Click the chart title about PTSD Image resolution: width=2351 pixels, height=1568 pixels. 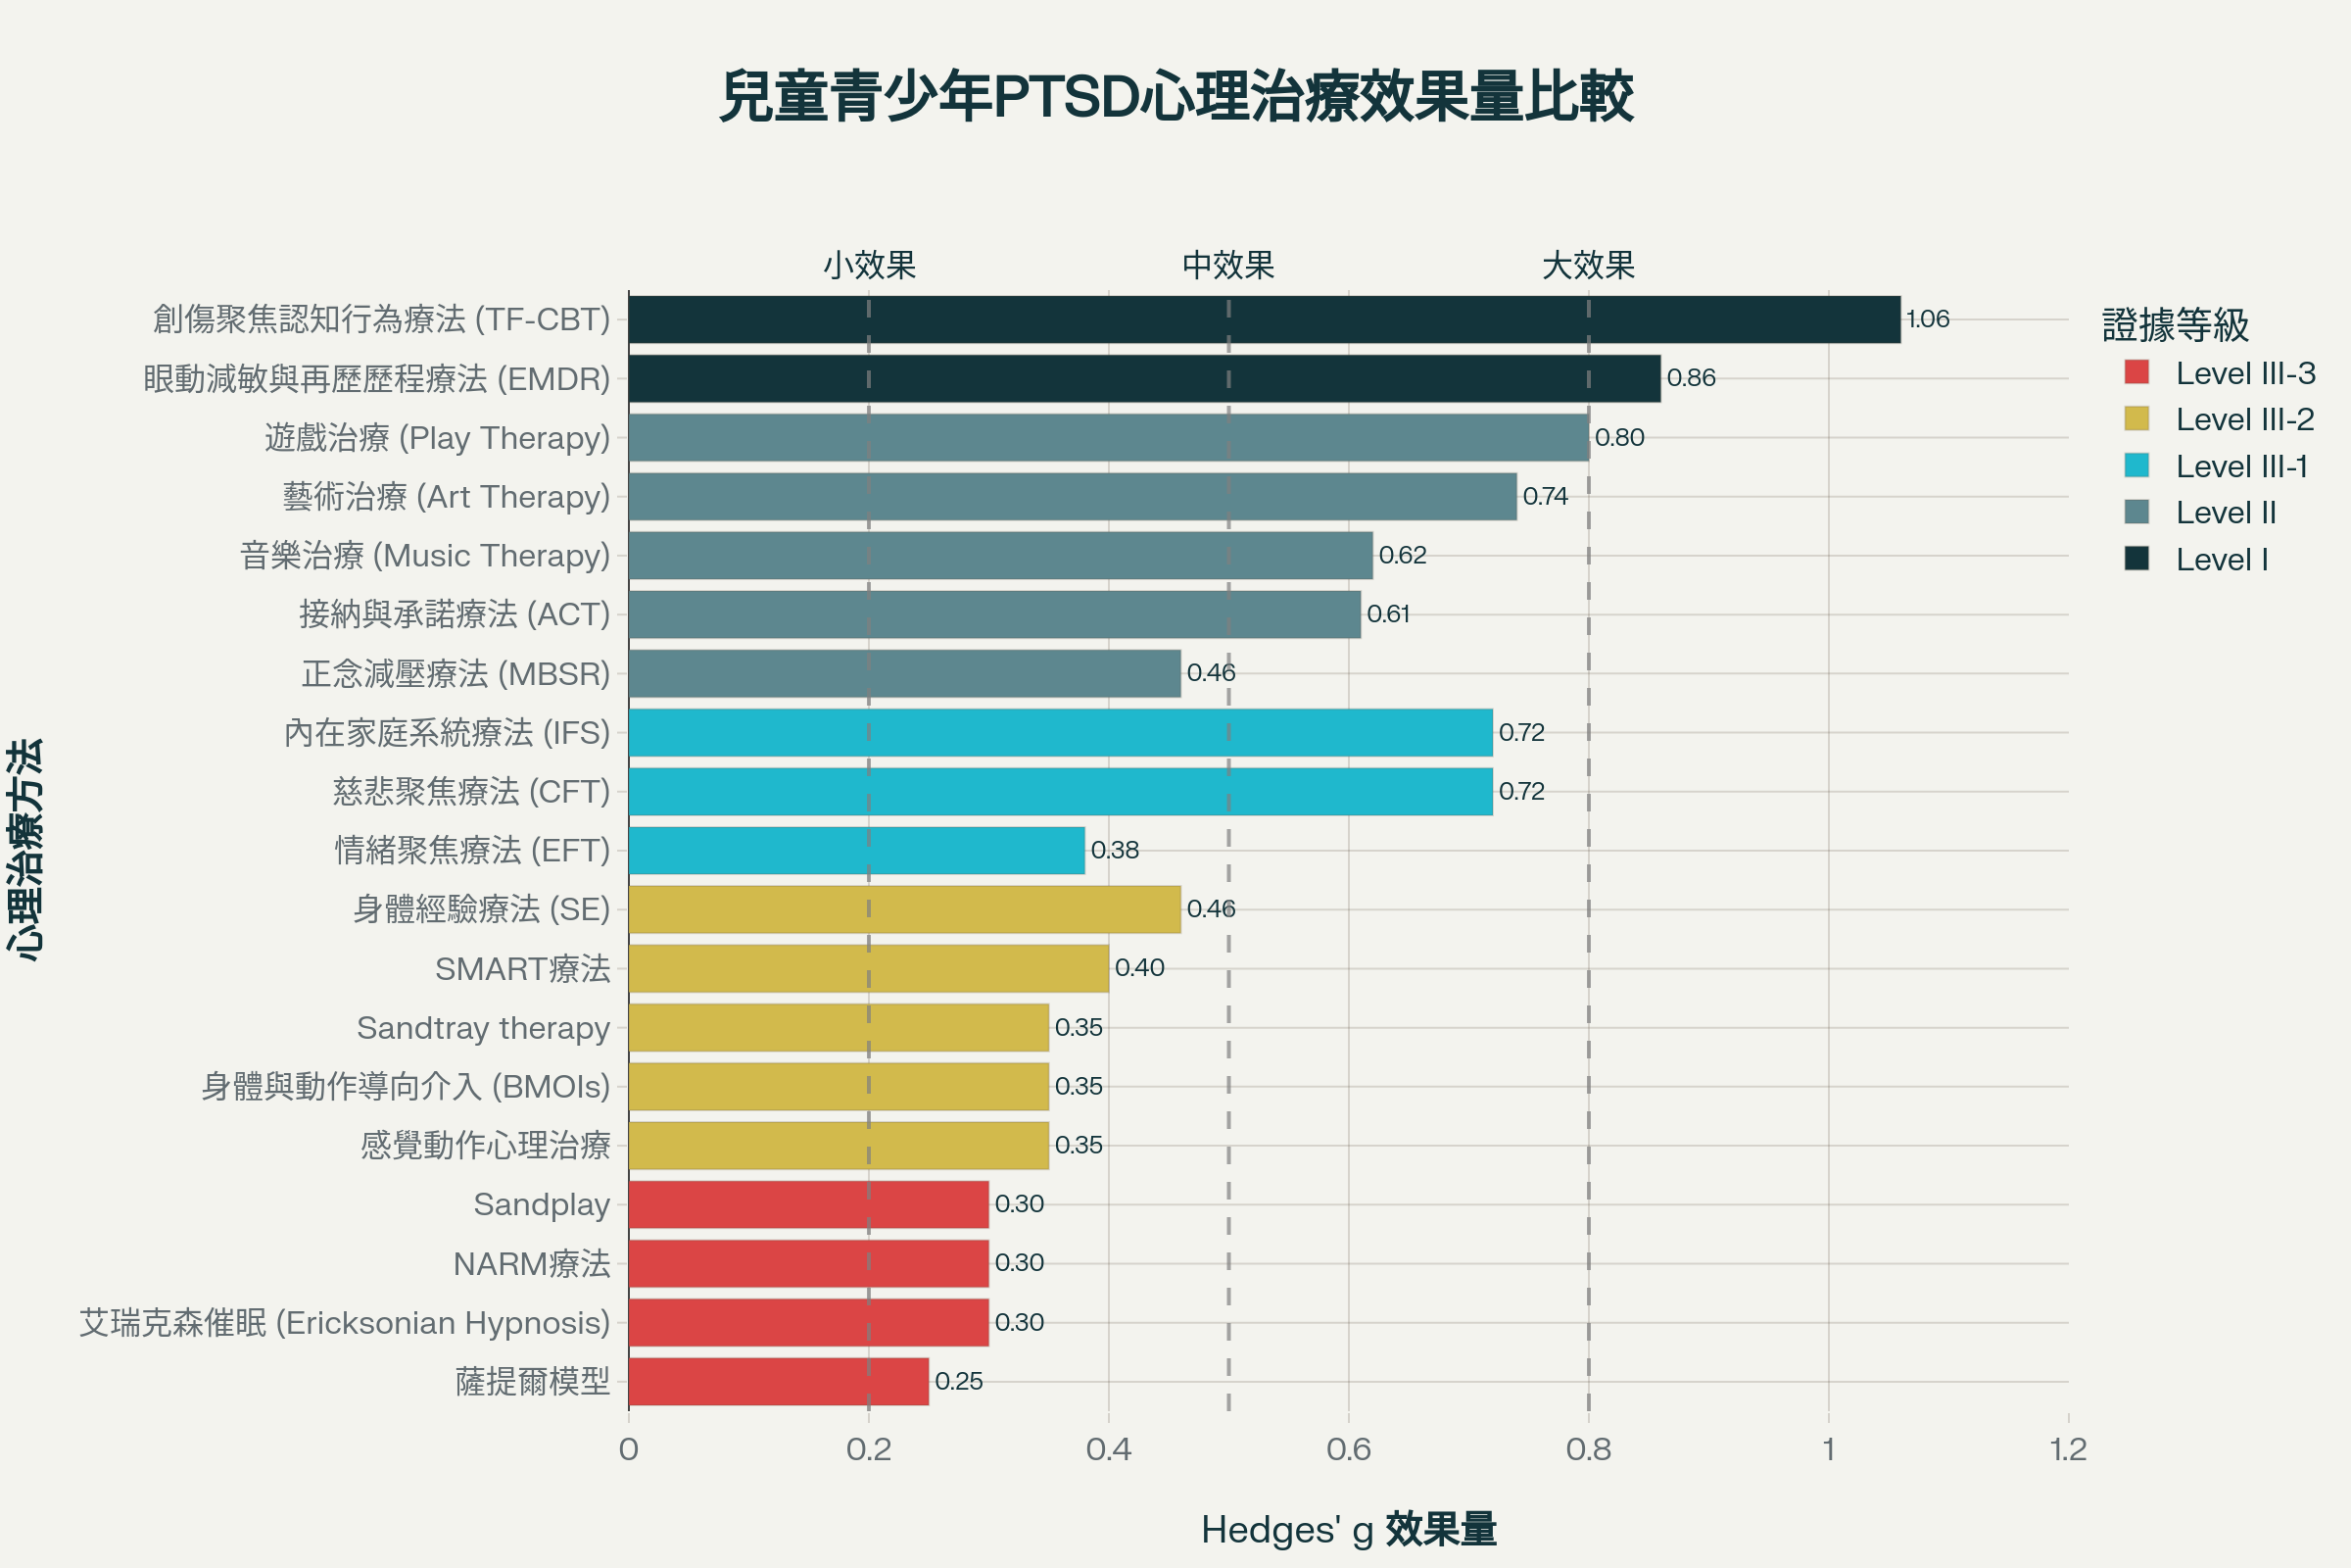tap(1175, 98)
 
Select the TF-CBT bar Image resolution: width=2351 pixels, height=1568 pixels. tap(1264, 319)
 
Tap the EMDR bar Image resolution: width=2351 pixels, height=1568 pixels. tap(1143, 378)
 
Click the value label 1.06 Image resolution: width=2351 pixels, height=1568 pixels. tap(1927, 319)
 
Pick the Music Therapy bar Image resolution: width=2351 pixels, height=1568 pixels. tap(999, 555)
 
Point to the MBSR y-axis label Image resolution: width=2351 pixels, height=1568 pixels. tap(456, 674)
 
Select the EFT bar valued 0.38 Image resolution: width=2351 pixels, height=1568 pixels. tap(855, 850)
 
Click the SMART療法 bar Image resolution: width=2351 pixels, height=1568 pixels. tap(868, 968)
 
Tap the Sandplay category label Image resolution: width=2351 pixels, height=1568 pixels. tap(541, 1205)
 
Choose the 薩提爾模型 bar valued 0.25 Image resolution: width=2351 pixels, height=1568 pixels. tap(778, 1381)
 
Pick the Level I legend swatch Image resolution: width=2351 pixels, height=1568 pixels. tap(2136, 559)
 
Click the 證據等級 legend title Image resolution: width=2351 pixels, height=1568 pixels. tap(2175, 325)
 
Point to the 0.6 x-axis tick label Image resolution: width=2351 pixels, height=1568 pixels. tap(1348, 1449)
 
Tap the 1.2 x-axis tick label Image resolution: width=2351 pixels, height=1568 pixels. tap(2067, 1449)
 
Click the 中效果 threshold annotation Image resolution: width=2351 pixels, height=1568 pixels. tap(1228, 265)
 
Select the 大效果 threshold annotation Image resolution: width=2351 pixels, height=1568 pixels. tap(1588, 265)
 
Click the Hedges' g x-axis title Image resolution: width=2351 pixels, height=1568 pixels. tap(1348, 1530)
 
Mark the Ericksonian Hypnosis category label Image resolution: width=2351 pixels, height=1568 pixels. tap(345, 1323)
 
